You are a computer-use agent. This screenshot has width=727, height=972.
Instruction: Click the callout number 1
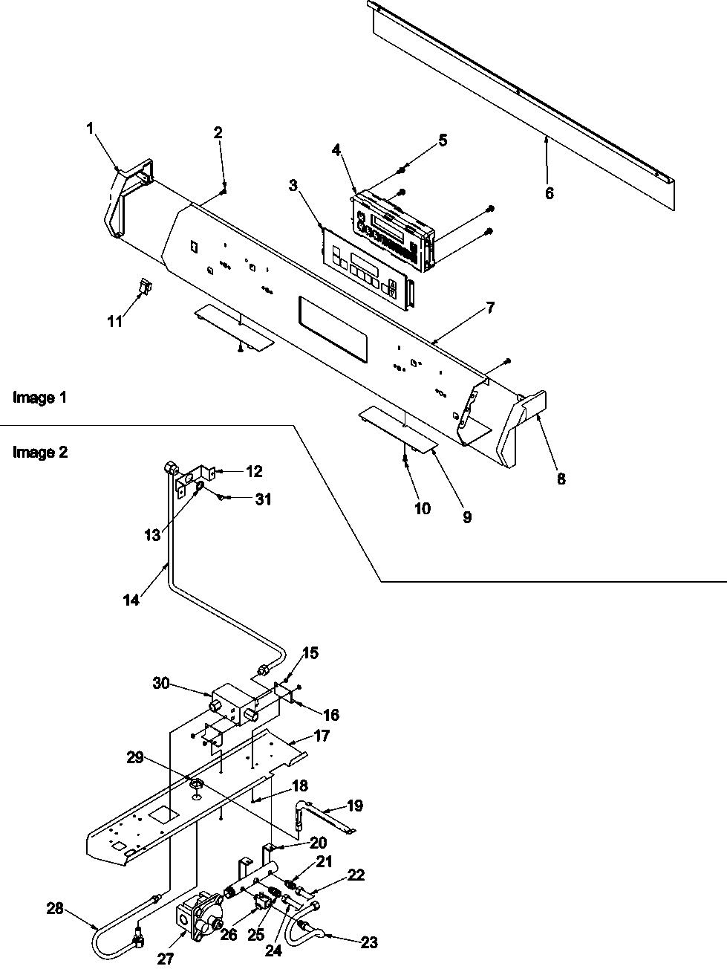pos(90,129)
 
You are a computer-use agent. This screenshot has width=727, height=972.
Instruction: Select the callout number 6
pos(549,193)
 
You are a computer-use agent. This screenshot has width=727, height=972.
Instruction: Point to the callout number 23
pos(368,943)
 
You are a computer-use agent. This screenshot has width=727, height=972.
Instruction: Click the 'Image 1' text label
pos(40,398)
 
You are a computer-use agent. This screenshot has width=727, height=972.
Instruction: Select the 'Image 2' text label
pos(40,452)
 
